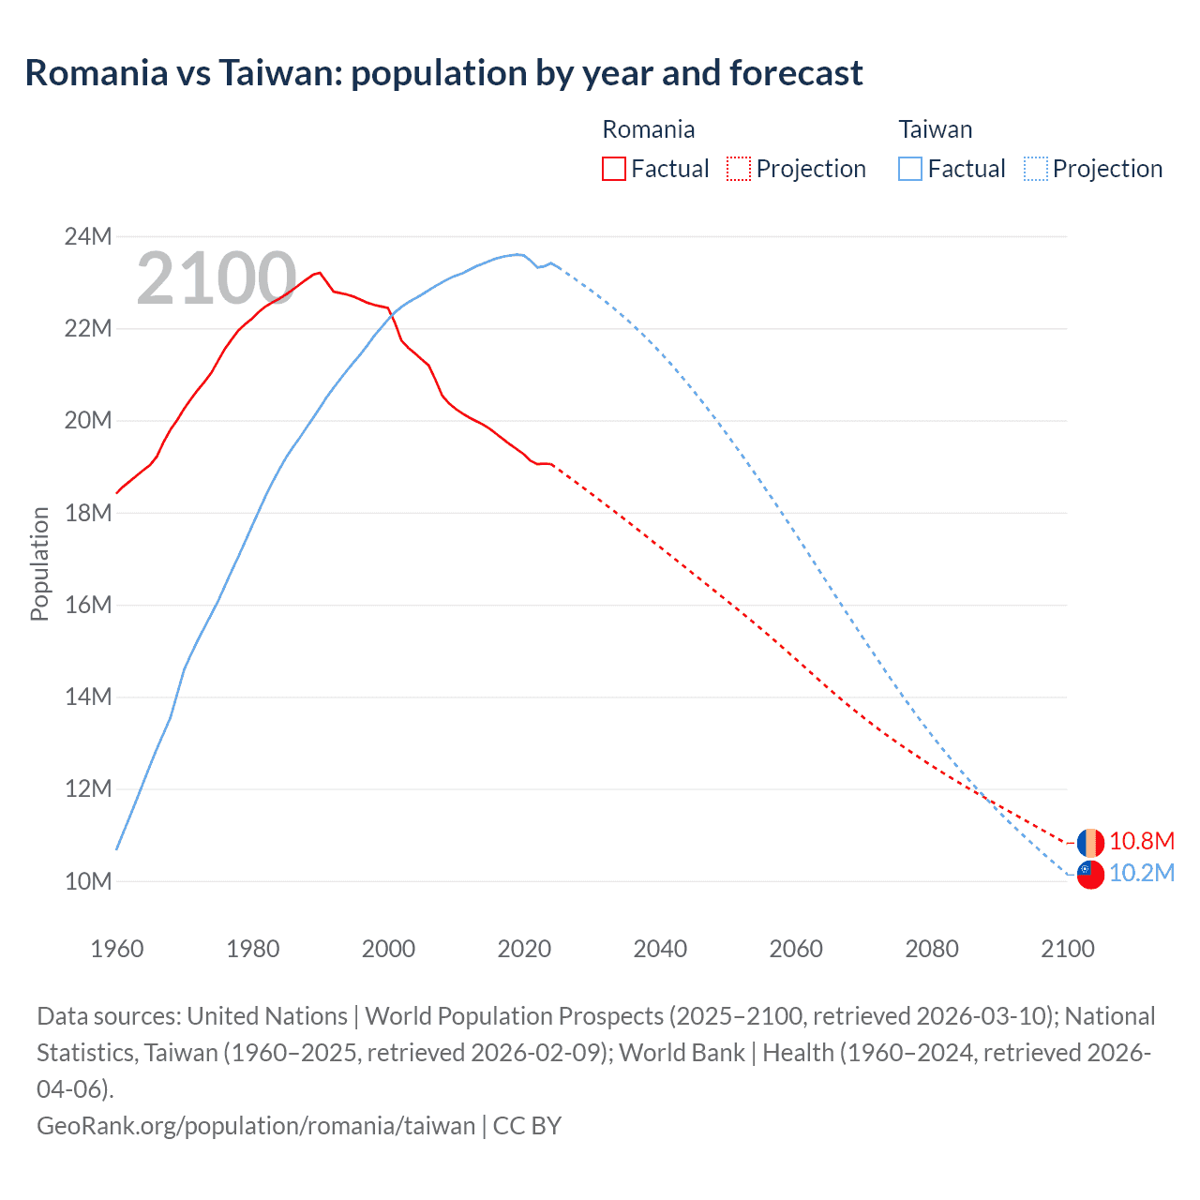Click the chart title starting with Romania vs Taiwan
click(x=443, y=73)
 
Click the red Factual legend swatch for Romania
click(x=613, y=169)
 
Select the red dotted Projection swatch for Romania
click(x=739, y=169)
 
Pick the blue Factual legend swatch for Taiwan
click(x=909, y=169)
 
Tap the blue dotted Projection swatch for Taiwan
click(x=1035, y=169)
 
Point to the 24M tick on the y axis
click(x=88, y=236)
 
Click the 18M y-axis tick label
click(x=88, y=513)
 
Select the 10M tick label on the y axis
click(x=88, y=881)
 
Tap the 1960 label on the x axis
click(x=117, y=949)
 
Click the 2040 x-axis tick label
click(x=660, y=949)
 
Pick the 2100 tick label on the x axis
click(x=1068, y=949)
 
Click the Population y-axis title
click(x=39, y=563)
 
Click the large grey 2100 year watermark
click(x=217, y=278)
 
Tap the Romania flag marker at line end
click(x=1090, y=842)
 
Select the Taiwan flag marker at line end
click(x=1090, y=875)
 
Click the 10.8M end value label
click(x=1141, y=842)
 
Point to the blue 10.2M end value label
click(x=1141, y=874)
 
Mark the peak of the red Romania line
click(x=320, y=273)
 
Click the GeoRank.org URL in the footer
click(x=256, y=1125)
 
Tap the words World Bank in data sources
click(x=681, y=1053)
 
